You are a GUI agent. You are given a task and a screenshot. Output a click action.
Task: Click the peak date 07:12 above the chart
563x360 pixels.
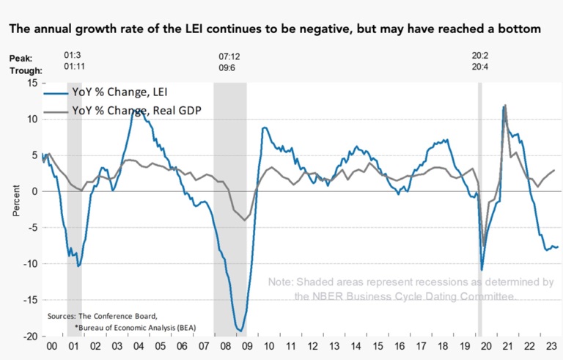pos(230,56)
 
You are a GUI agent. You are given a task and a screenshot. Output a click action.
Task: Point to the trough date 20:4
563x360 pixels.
pos(480,70)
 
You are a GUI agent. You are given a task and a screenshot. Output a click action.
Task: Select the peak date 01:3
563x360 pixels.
pos(73,56)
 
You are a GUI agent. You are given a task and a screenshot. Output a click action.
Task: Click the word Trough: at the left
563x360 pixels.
pos(26,70)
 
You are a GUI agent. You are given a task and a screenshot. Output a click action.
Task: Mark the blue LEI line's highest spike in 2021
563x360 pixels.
pos(504,106)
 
